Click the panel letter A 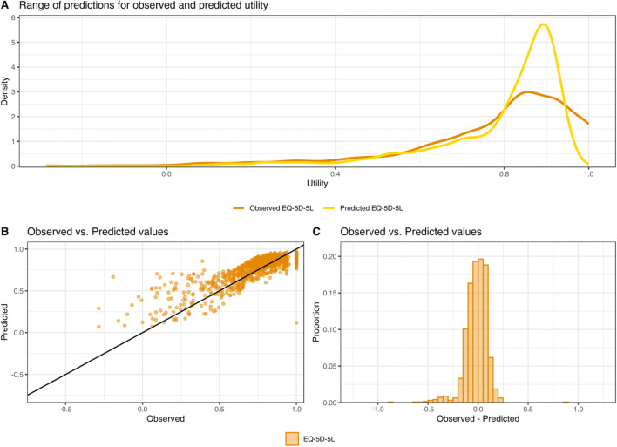pos(7,6)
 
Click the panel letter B pos(7,234)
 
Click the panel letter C pos(317,234)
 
